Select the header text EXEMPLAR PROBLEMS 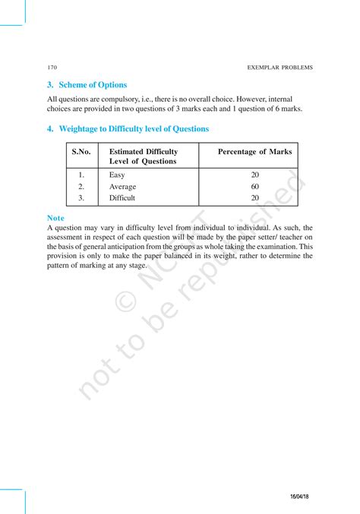click(x=280, y=68)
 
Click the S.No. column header click(x=81, y=152)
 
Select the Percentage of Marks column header click(x=254, y=152)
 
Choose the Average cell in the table click(x=123, y=186)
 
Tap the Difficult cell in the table click(x=122, y=198)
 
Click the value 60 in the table click(x=254, y=186)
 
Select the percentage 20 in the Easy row click(x=254, y=175)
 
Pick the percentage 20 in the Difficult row click(x=254, y=198)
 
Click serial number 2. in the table click(x=81, y=186)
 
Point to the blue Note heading click(x=55, y=218)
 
